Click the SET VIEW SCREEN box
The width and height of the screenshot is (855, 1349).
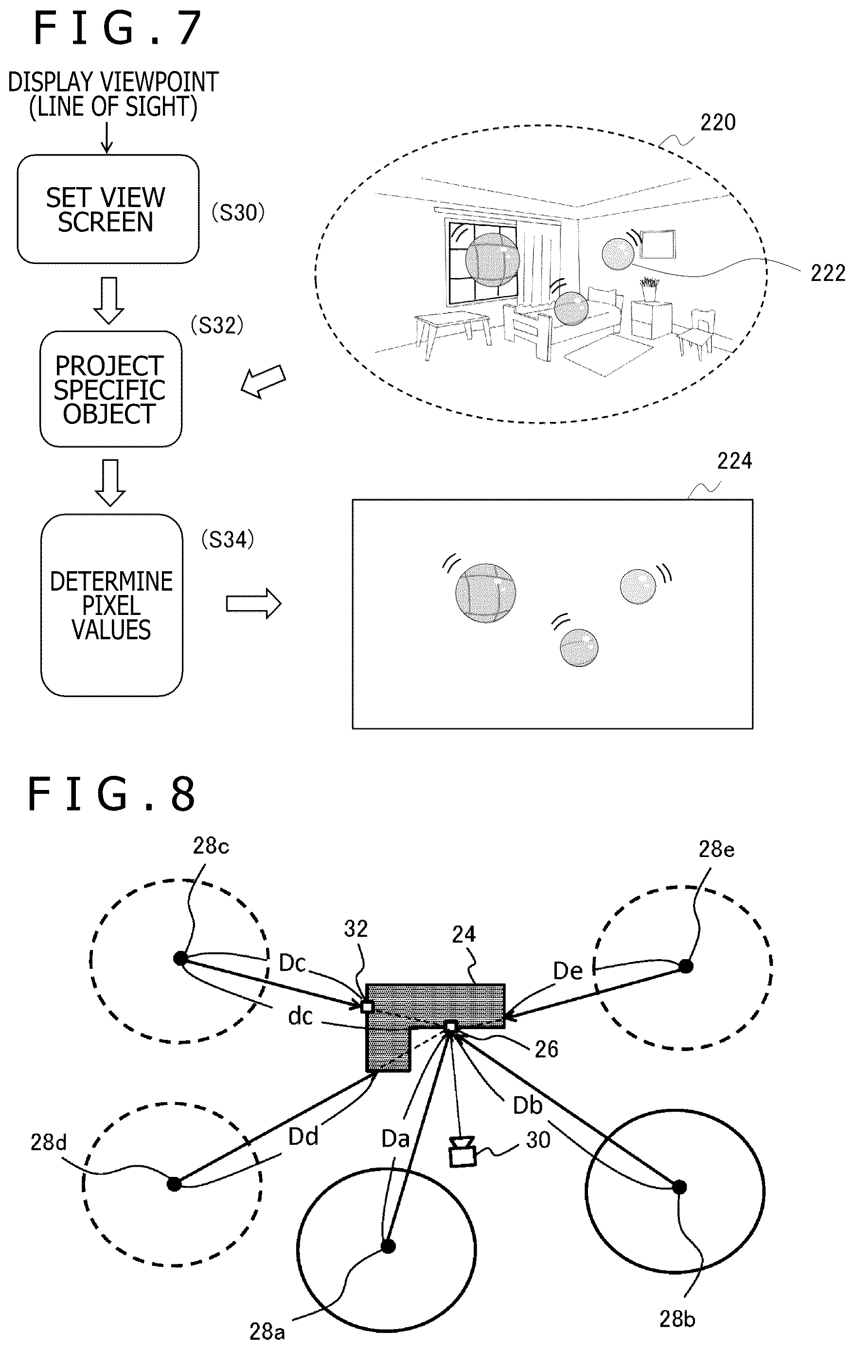(107, 209)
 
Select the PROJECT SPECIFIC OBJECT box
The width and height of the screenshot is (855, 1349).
(111, 389)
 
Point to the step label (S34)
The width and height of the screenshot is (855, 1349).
(228, 540)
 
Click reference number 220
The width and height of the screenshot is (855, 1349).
(718, 122)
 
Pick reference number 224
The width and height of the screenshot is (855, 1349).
(734, 461)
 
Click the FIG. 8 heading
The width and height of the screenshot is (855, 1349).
(111, 794)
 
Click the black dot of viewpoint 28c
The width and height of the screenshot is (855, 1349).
(180, 959)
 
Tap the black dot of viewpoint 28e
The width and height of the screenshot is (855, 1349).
(686, 966)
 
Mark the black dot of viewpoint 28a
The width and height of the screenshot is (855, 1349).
(388, 1246)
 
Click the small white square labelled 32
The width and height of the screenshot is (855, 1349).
(367, 1007)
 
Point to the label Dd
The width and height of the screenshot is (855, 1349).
(303, 1137)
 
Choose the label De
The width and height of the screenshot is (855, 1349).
(568, 971)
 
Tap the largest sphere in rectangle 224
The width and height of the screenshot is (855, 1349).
(485, 593)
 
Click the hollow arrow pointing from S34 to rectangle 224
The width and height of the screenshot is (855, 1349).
(254, 603)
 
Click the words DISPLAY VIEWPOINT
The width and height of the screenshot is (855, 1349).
(113, 82)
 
